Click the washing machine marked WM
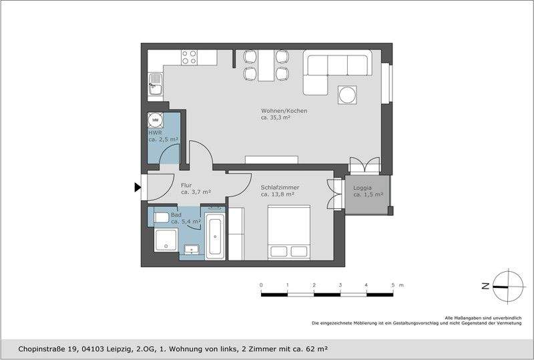[156, 120]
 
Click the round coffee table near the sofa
[348, 96]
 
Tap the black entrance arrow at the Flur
[138, 188]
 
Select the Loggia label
[364, 188]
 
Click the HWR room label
[155, 133]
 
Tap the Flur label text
[187, 185]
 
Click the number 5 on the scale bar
[392, 285]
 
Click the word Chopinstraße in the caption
[41, 349]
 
